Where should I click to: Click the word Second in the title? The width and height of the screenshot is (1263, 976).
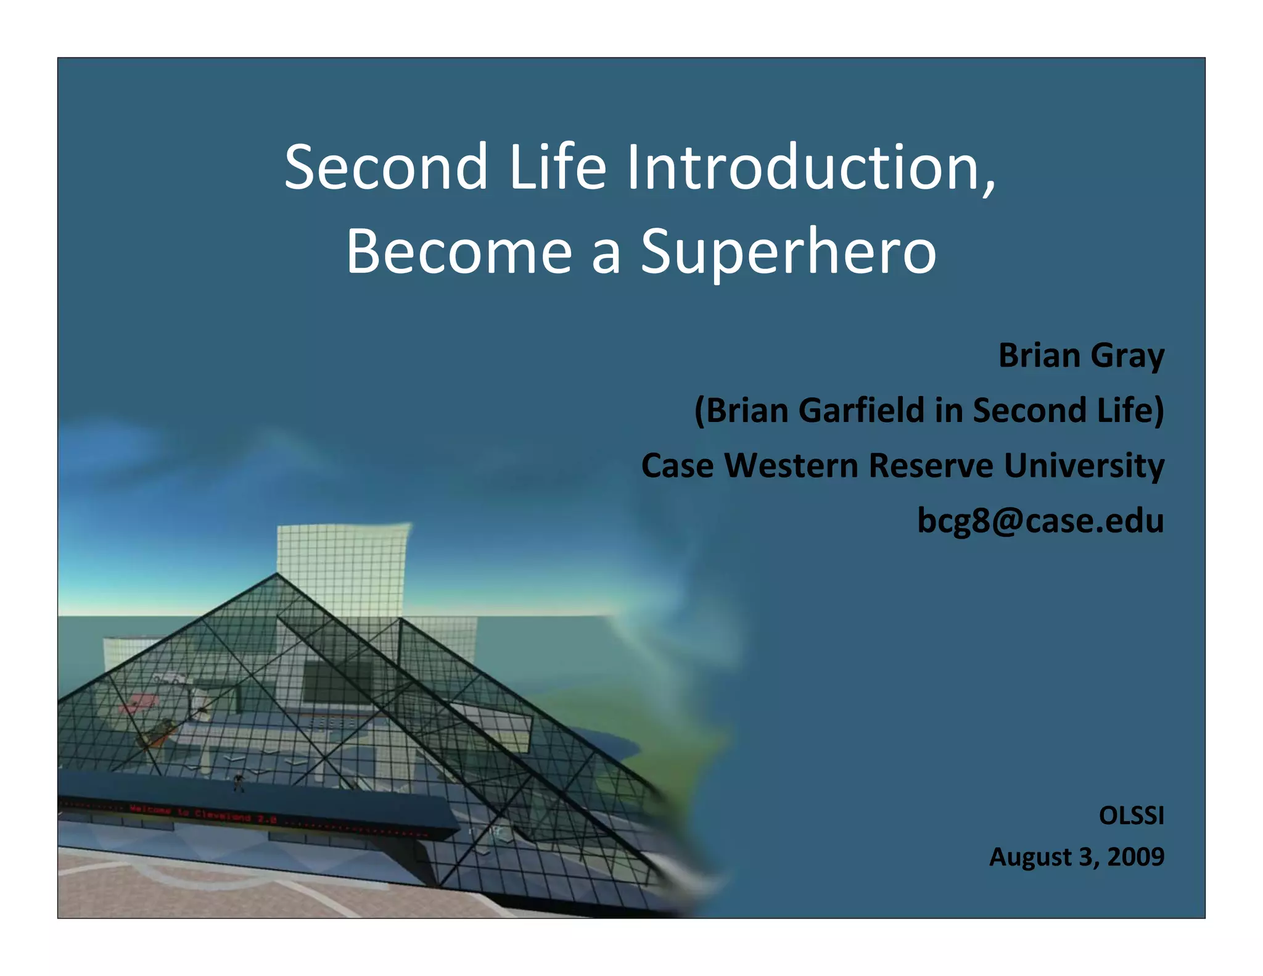tap(386, 168)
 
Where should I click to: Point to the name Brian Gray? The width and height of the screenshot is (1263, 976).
tap(1080, 356)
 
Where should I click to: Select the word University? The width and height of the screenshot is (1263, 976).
tap(1084, 466)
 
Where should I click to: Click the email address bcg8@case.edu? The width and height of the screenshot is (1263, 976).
tap(1040, 520)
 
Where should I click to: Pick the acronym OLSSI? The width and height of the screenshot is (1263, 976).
tap(1131, 816)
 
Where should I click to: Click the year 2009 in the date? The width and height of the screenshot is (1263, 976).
tap(1135, 857)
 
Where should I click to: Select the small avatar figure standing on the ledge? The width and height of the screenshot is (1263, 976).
tap(239, 783)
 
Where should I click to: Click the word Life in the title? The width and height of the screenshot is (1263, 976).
tap(557, 168)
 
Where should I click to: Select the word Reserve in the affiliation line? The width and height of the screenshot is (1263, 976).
tap(931, 466)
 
